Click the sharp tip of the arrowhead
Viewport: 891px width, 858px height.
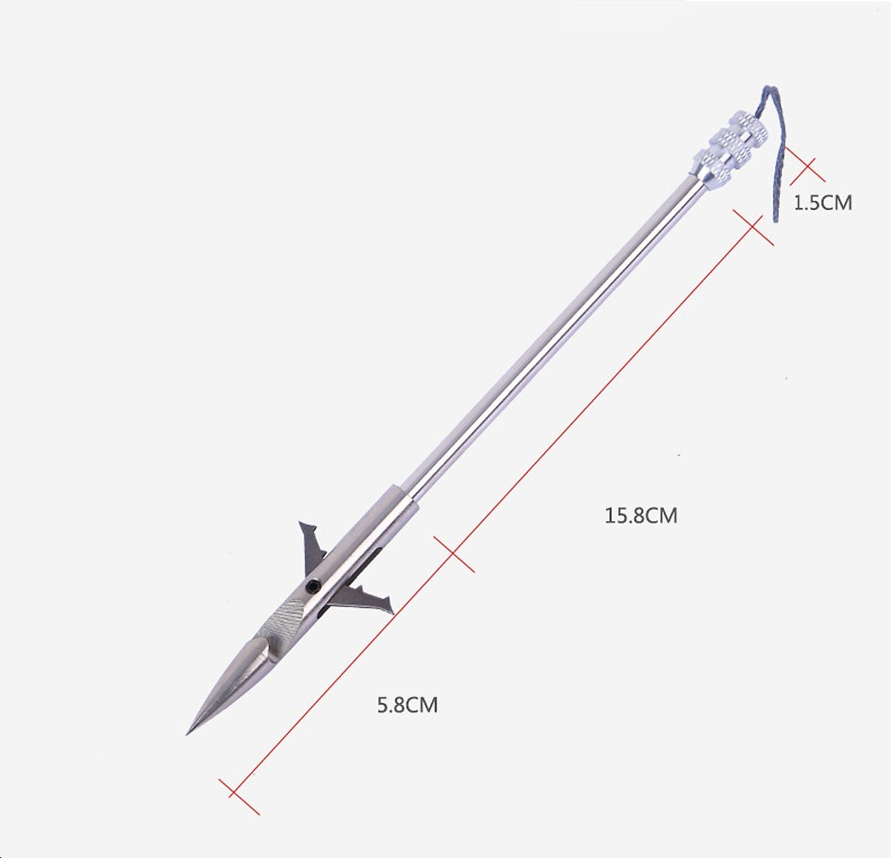(187, 735)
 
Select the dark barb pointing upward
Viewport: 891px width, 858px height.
(313, 543)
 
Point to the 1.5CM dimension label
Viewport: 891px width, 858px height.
(823, 203)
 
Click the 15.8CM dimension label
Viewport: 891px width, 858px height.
(641, 516)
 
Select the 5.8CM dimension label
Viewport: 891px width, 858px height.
(408, 704)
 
